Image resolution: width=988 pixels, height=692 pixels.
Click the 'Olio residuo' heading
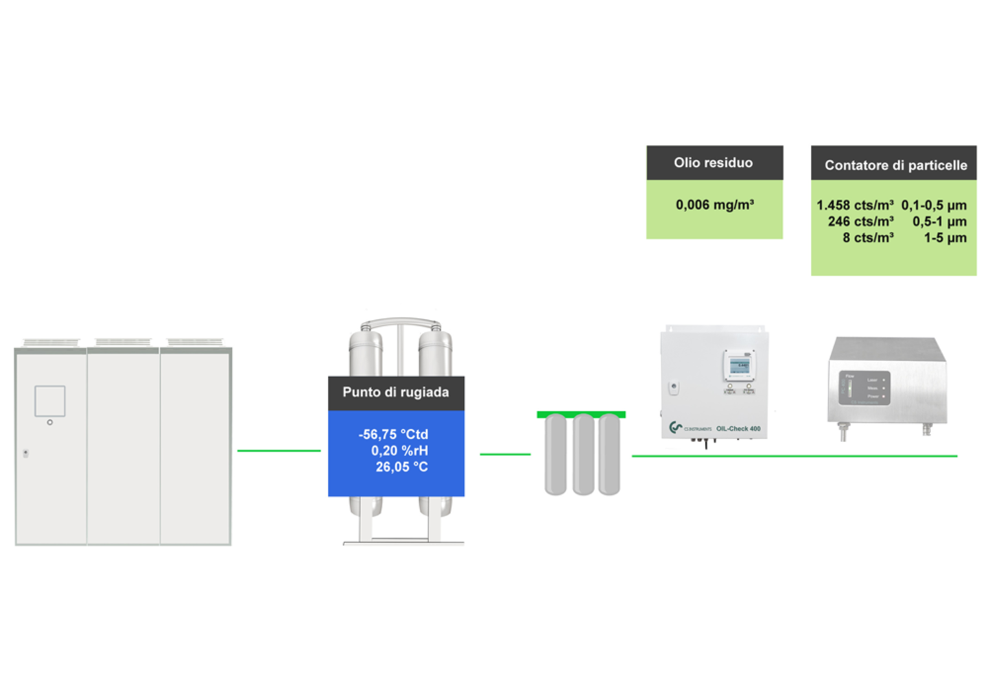(x=713, y=163)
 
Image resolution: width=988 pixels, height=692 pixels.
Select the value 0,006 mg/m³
(x=714, y=205)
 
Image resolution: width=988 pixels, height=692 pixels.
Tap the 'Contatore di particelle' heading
(x=895, y=165)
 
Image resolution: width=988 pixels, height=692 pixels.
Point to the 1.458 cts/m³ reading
(x=854, y=205)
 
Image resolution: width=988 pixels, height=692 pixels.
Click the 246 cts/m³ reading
(x=860, y=222)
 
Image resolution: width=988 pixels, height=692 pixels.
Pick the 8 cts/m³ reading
(x=868, y=238)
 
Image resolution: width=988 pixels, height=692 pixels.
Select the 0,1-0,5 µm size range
(x=934, y=205)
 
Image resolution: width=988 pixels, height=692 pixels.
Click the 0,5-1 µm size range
(x=939, y=222)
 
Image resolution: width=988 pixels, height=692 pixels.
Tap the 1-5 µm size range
(x=945, y=238)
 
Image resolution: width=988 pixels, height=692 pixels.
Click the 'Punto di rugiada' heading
(x=396, y=393)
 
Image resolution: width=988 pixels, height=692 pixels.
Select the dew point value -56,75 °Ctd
(x=393, y=435)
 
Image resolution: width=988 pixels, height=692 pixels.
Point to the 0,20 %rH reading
(x=399, y=451)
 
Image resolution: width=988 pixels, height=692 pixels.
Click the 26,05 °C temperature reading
(x=401, y=468)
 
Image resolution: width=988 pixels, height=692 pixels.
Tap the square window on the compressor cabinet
(x=50, y=401)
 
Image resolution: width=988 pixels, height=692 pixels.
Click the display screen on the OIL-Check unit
(x=739, y=365)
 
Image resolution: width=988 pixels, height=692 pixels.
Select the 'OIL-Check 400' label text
(x=738, y=429)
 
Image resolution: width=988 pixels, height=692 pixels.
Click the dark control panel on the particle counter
(x=864, y=388)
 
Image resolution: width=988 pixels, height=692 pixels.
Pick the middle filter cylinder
(x=583, y=454)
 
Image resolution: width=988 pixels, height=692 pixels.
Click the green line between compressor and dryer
(x=279, y=451)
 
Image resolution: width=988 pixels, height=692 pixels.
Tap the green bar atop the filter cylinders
(x=581, y=415)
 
